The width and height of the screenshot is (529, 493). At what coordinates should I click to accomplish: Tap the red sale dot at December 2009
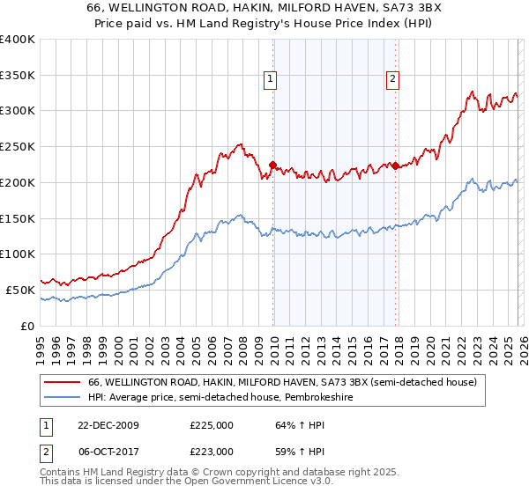272,164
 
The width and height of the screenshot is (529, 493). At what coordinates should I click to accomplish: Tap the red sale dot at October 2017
395,166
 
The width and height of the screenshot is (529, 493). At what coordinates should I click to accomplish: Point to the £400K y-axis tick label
18,40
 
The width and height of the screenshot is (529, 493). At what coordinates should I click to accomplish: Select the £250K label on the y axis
18,147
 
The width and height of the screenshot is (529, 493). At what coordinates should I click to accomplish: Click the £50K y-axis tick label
20,290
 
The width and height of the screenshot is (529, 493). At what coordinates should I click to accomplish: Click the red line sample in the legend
63,382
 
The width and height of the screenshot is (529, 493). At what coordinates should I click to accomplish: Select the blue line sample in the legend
63,397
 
